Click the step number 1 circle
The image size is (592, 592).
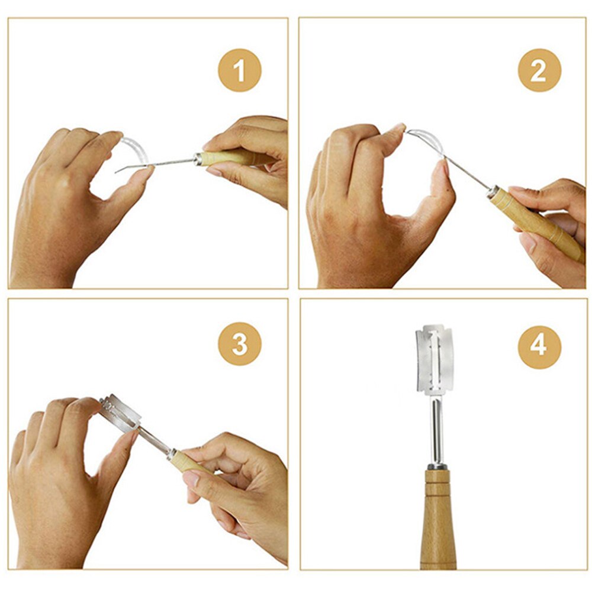240,70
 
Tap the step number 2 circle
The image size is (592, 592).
539,70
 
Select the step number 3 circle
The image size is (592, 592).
240,344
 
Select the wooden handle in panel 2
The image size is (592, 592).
533,222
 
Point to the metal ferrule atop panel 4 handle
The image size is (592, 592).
437,467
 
